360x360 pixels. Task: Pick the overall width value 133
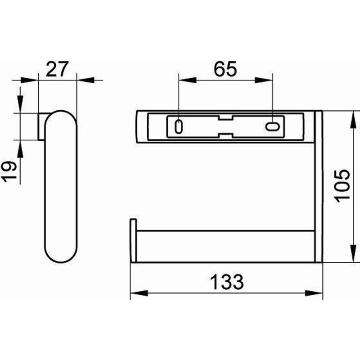226,282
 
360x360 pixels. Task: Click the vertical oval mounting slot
179,126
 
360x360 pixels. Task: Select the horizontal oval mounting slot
273,126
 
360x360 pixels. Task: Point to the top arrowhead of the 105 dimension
350,117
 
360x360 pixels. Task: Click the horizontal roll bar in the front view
225,246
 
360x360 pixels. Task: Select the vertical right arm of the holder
319,189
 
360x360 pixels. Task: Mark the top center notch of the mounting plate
225,118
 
